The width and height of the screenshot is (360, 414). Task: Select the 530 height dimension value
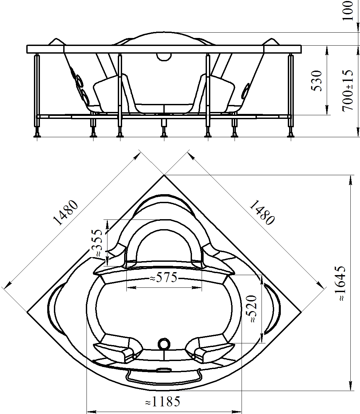[x=316, y=81]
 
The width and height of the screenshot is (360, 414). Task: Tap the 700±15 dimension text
[x=348, y=91]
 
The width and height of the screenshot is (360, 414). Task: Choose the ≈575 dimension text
[x=163, y=277]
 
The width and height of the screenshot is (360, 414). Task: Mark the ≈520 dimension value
[x=251, y=309]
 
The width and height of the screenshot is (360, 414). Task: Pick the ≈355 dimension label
[x=96, y=243]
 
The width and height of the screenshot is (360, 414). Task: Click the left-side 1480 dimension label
[x=65, y=212]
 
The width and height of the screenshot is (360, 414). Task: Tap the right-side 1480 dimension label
[x=262, y=212]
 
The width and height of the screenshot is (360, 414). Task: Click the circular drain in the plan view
[x=164, y=344]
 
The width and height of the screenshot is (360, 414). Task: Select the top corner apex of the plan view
[x=164, y=175]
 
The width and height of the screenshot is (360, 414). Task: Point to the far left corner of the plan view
[x=27, y=312]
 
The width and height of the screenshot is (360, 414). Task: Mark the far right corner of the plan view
[x=301, y=312]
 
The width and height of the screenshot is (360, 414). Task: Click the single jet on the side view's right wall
[x=246, y=91]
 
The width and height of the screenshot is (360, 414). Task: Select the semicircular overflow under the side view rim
[x=164, y=57]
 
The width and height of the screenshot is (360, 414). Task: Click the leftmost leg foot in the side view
[x=37, y=135]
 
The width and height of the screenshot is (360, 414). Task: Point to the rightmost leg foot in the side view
[x=291, y=135]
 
